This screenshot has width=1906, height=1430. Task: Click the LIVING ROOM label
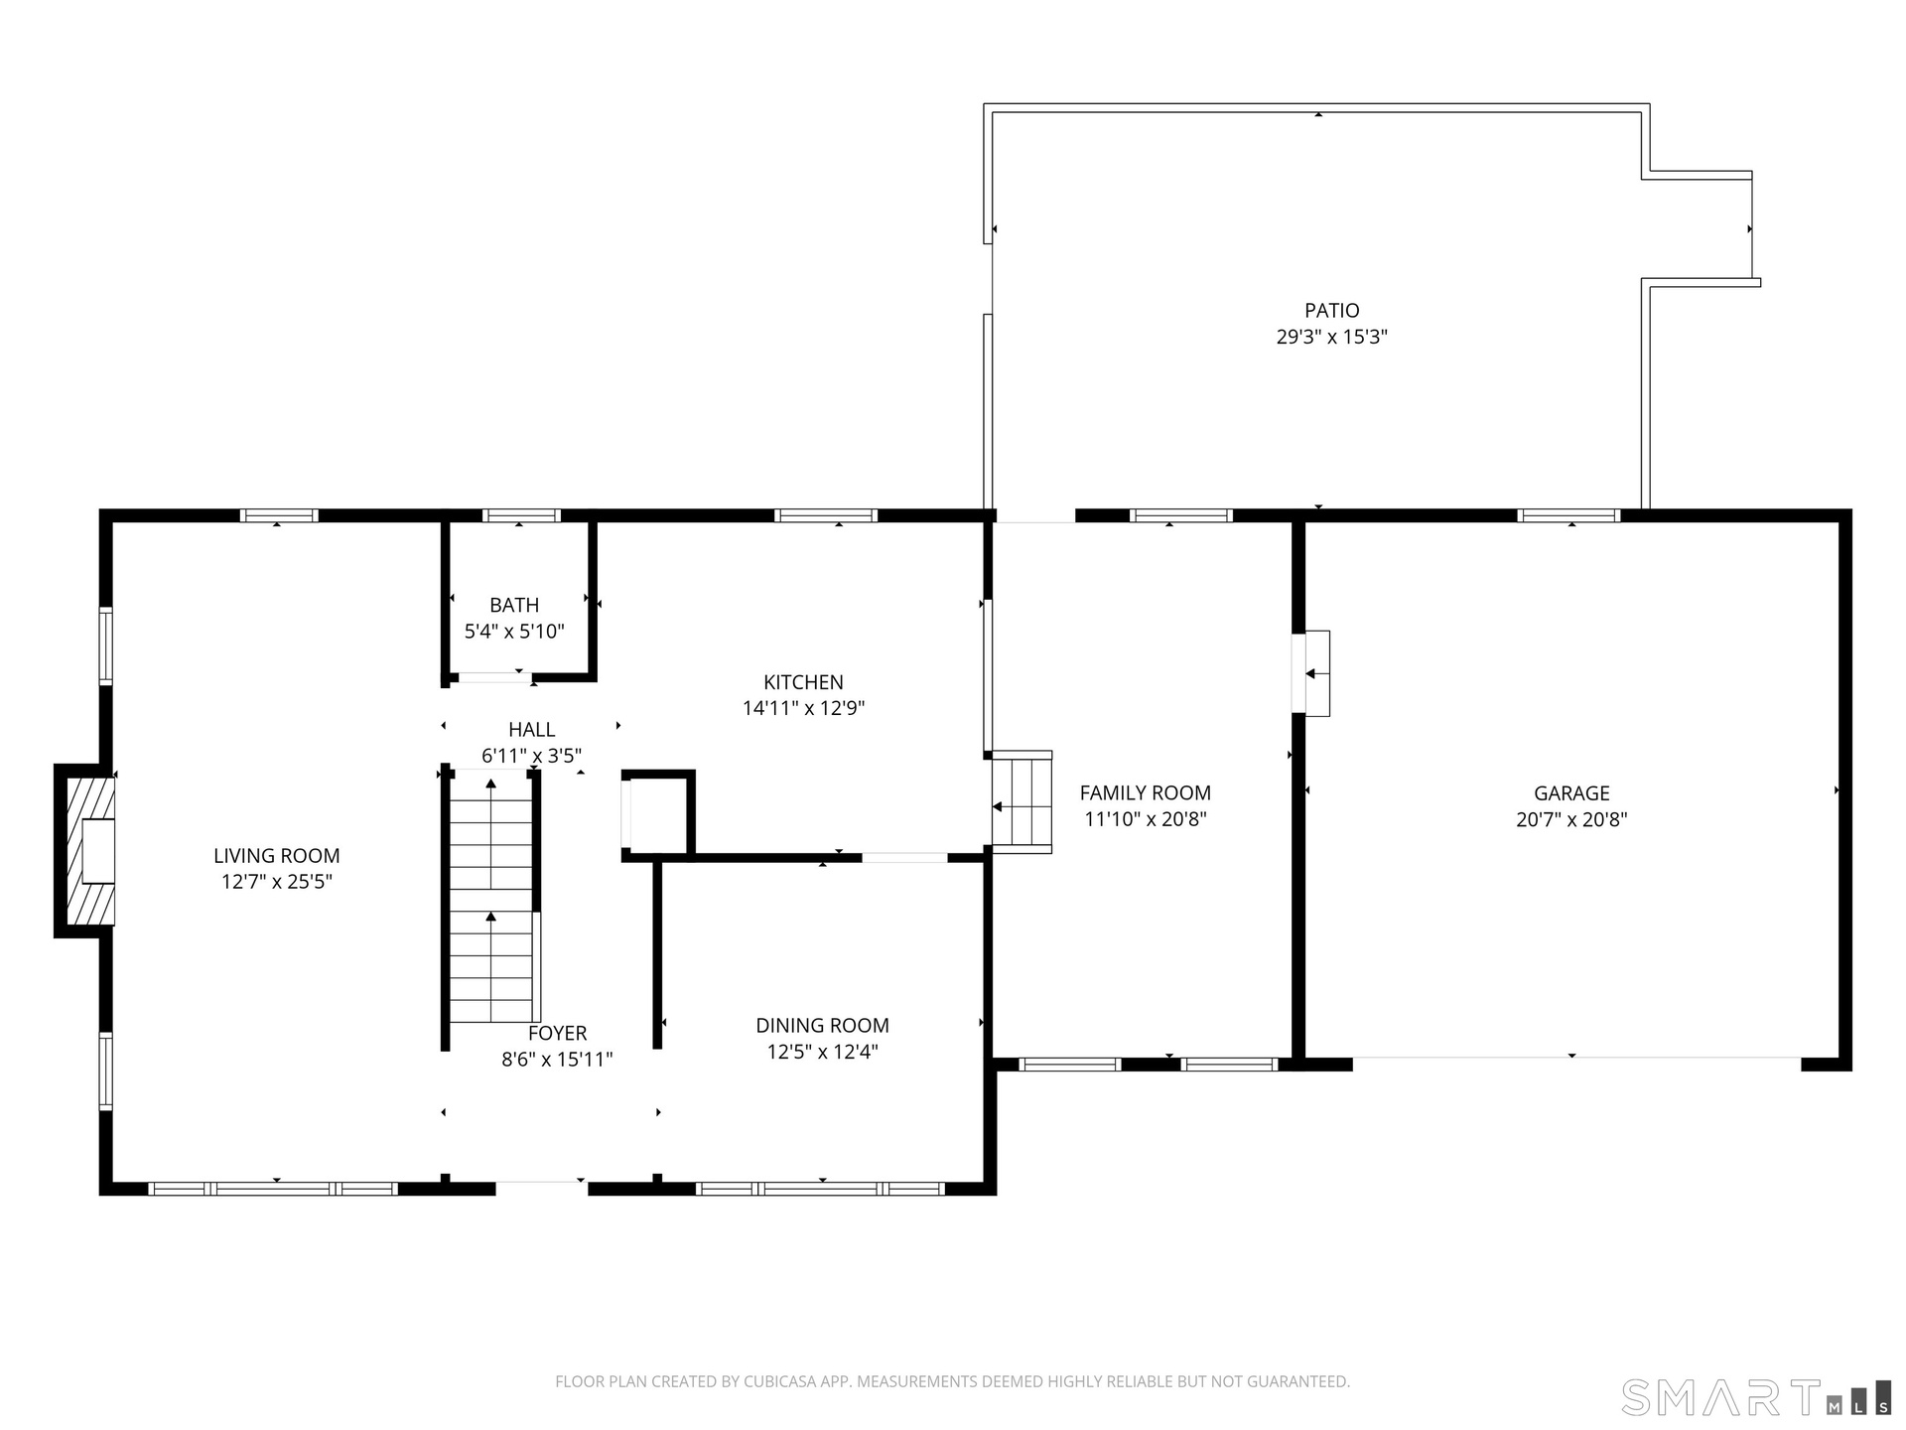276,855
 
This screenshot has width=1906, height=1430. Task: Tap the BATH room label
514,605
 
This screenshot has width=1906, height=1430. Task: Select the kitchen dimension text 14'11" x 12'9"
804,708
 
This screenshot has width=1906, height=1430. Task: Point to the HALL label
532,730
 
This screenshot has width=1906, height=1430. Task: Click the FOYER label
558,1034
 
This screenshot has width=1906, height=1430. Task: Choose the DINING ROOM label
823,1026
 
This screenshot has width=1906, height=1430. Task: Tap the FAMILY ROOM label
1146,792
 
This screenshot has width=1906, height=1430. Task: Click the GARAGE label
1571,793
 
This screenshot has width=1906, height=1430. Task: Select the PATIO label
1332,311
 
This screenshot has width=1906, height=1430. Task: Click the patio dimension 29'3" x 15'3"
1332,337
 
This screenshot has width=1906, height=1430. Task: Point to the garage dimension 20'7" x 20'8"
1571,819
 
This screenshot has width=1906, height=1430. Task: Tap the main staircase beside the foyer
491,900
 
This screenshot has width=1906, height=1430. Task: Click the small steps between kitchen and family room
1022,802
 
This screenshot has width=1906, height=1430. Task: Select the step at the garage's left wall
1311,673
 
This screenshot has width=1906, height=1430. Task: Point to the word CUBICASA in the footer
784,1381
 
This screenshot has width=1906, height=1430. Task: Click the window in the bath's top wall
521,515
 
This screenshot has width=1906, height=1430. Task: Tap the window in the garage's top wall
1568,515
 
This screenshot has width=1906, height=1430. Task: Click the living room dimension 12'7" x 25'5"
276,881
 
